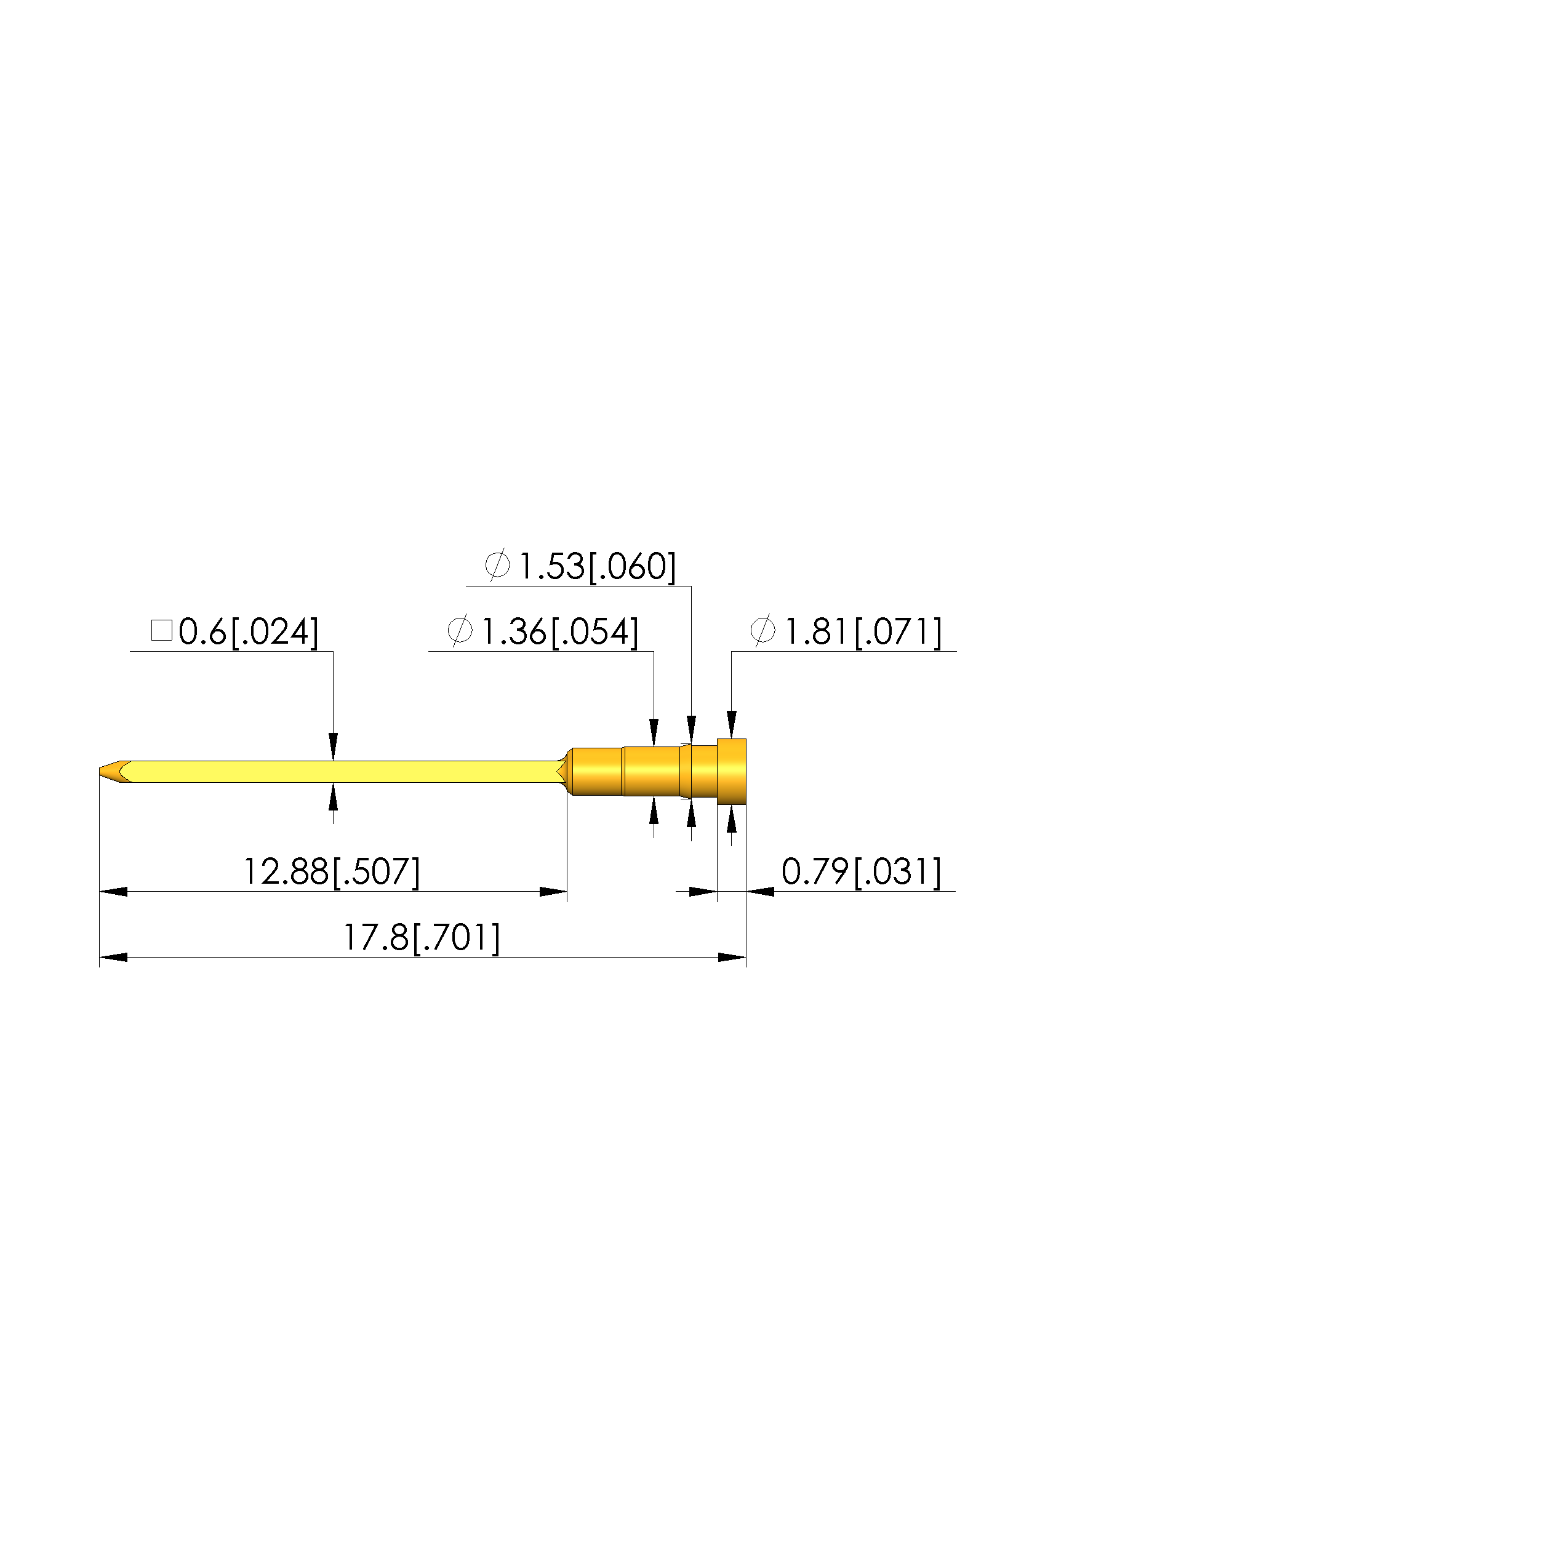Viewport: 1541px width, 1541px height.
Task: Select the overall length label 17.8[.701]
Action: (x=421, y=937)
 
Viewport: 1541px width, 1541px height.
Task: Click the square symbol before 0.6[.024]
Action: (x=162, y=630)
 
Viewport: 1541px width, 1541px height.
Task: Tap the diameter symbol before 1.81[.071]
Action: (x=762, y=630)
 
